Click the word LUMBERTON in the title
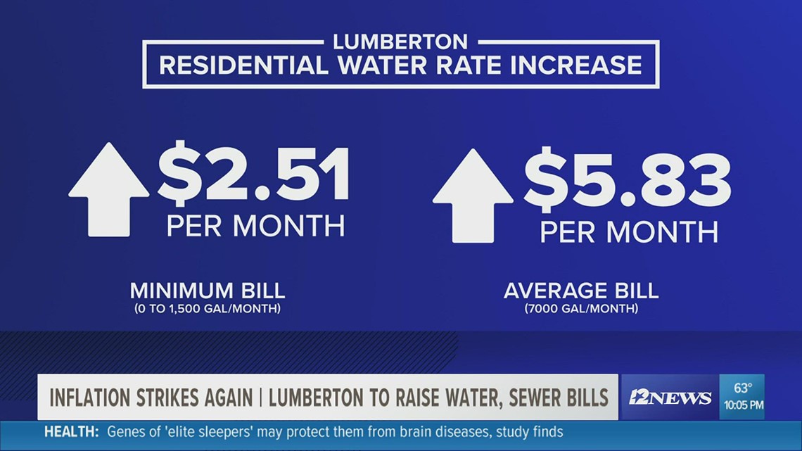[400, 42]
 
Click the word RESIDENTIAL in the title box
[244, 65]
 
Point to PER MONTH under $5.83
[628, 231]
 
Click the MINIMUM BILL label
[207, 291]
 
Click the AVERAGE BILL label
[580, 291]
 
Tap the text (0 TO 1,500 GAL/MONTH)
[207, 309]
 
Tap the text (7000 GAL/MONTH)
[580, 309]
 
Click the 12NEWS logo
[669, 398]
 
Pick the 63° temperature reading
[744, 388]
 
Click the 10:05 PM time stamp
[743, 406]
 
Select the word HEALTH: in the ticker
[72, 432]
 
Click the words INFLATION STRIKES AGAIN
[151, 398]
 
